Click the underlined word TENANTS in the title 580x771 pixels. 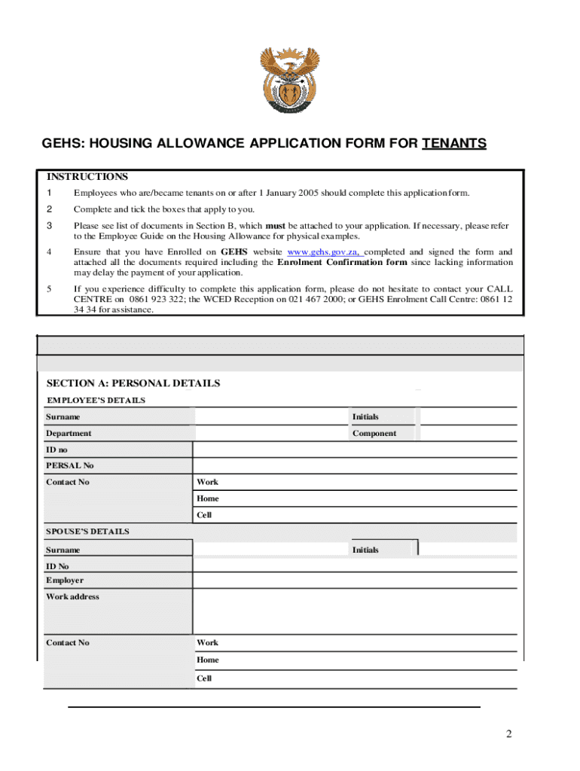coord(454,143)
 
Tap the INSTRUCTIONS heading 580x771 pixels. coord(87,177)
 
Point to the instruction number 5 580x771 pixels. coord(49,288)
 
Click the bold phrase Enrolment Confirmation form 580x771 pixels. coord(342,262)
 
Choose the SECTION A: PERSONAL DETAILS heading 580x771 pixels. coord(133,383)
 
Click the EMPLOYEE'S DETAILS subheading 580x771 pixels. coord(96,400)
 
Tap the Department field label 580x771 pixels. coord(69,433)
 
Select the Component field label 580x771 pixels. coord(374,433)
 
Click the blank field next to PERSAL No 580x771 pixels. coord(354,465)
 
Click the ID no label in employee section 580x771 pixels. coord(56,449)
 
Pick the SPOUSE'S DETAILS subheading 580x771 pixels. coord(87,531)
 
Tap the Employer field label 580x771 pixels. coord(65,580)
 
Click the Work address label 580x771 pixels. coord(72,596)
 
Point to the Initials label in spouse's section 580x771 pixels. coord(365,550)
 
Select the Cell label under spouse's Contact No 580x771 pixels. coord(204,678)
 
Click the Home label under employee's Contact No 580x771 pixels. coord(208,498)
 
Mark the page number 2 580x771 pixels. coord(509,734)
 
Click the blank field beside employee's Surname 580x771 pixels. coord(271,416)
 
